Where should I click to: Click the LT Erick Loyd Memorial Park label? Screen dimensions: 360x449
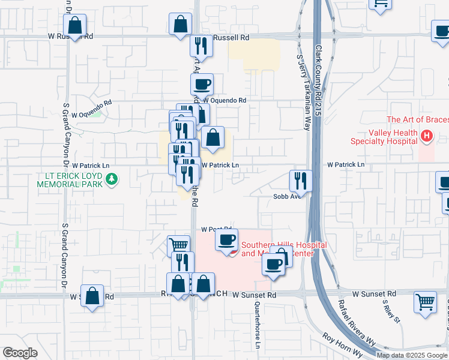pyautogui.click(x=71, y=179)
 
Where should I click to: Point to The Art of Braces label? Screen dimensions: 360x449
pyautogui.click(x=417, y=120)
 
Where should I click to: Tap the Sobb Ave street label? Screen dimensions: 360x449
pyautogui.click(x=286, y=196)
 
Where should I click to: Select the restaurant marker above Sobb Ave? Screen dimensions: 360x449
pyautogui.click(x=301, y=181)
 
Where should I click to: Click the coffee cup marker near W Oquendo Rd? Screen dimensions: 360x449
pyautogui.click(x=202, y=85)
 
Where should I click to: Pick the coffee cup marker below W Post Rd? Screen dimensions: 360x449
pyautogui.click(x=226, y=240)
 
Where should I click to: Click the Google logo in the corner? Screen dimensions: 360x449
pyautogui.click(x=20, y=352)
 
